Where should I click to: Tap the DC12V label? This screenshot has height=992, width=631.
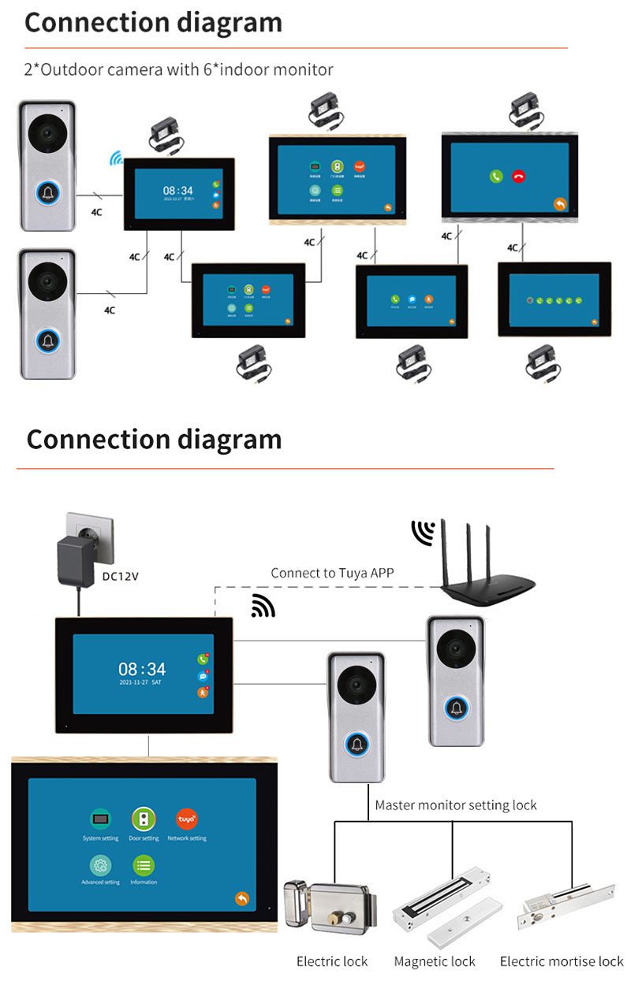121,576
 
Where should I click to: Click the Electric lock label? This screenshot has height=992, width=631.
332,961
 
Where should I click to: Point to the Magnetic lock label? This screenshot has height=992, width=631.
435,961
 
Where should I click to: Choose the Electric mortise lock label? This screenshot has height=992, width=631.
562,961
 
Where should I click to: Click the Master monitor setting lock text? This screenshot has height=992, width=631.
455,805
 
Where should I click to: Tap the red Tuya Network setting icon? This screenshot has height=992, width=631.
187,819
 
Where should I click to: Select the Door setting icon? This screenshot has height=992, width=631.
144,819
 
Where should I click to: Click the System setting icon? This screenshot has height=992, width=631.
100,819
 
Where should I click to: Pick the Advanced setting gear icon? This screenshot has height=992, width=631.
100,864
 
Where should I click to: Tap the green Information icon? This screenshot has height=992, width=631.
144,864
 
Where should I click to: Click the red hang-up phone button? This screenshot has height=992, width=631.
518,176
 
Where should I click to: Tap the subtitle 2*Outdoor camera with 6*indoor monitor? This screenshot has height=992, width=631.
178,69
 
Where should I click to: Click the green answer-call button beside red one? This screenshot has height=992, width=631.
495,176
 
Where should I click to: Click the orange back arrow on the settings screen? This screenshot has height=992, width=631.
242,899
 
